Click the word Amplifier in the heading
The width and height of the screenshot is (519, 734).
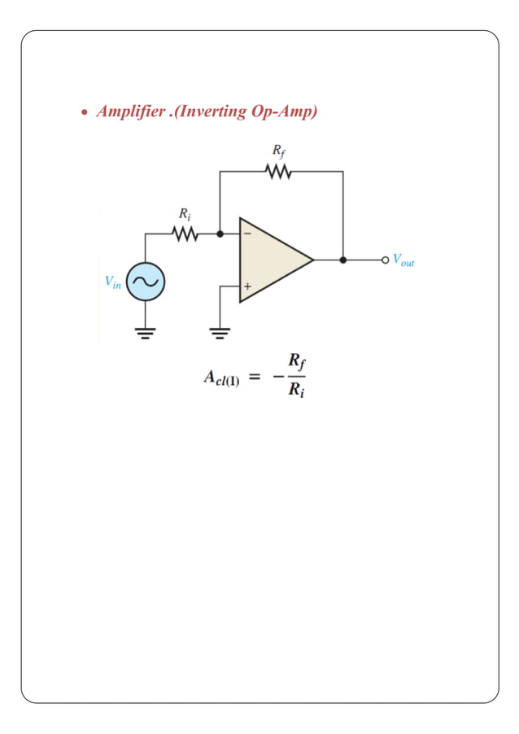click(128, 111)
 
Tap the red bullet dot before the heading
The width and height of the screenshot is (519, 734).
click(84, 113)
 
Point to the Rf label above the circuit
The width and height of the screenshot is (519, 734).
click(278, 152)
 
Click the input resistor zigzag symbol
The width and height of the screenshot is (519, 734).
click(185, 234)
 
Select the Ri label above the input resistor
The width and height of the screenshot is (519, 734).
click(185, 214)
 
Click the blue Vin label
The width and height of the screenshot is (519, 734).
click(112, 282)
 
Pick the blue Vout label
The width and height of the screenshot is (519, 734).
click(403, 260)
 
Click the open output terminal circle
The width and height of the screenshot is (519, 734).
click(385, 260)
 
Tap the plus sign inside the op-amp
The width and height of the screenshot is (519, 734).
click(247, 286)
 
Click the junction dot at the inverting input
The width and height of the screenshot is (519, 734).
click(220, 234)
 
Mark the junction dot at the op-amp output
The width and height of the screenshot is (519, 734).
click(342, 260)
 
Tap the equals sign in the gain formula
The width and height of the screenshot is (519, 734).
click(255, 377)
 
